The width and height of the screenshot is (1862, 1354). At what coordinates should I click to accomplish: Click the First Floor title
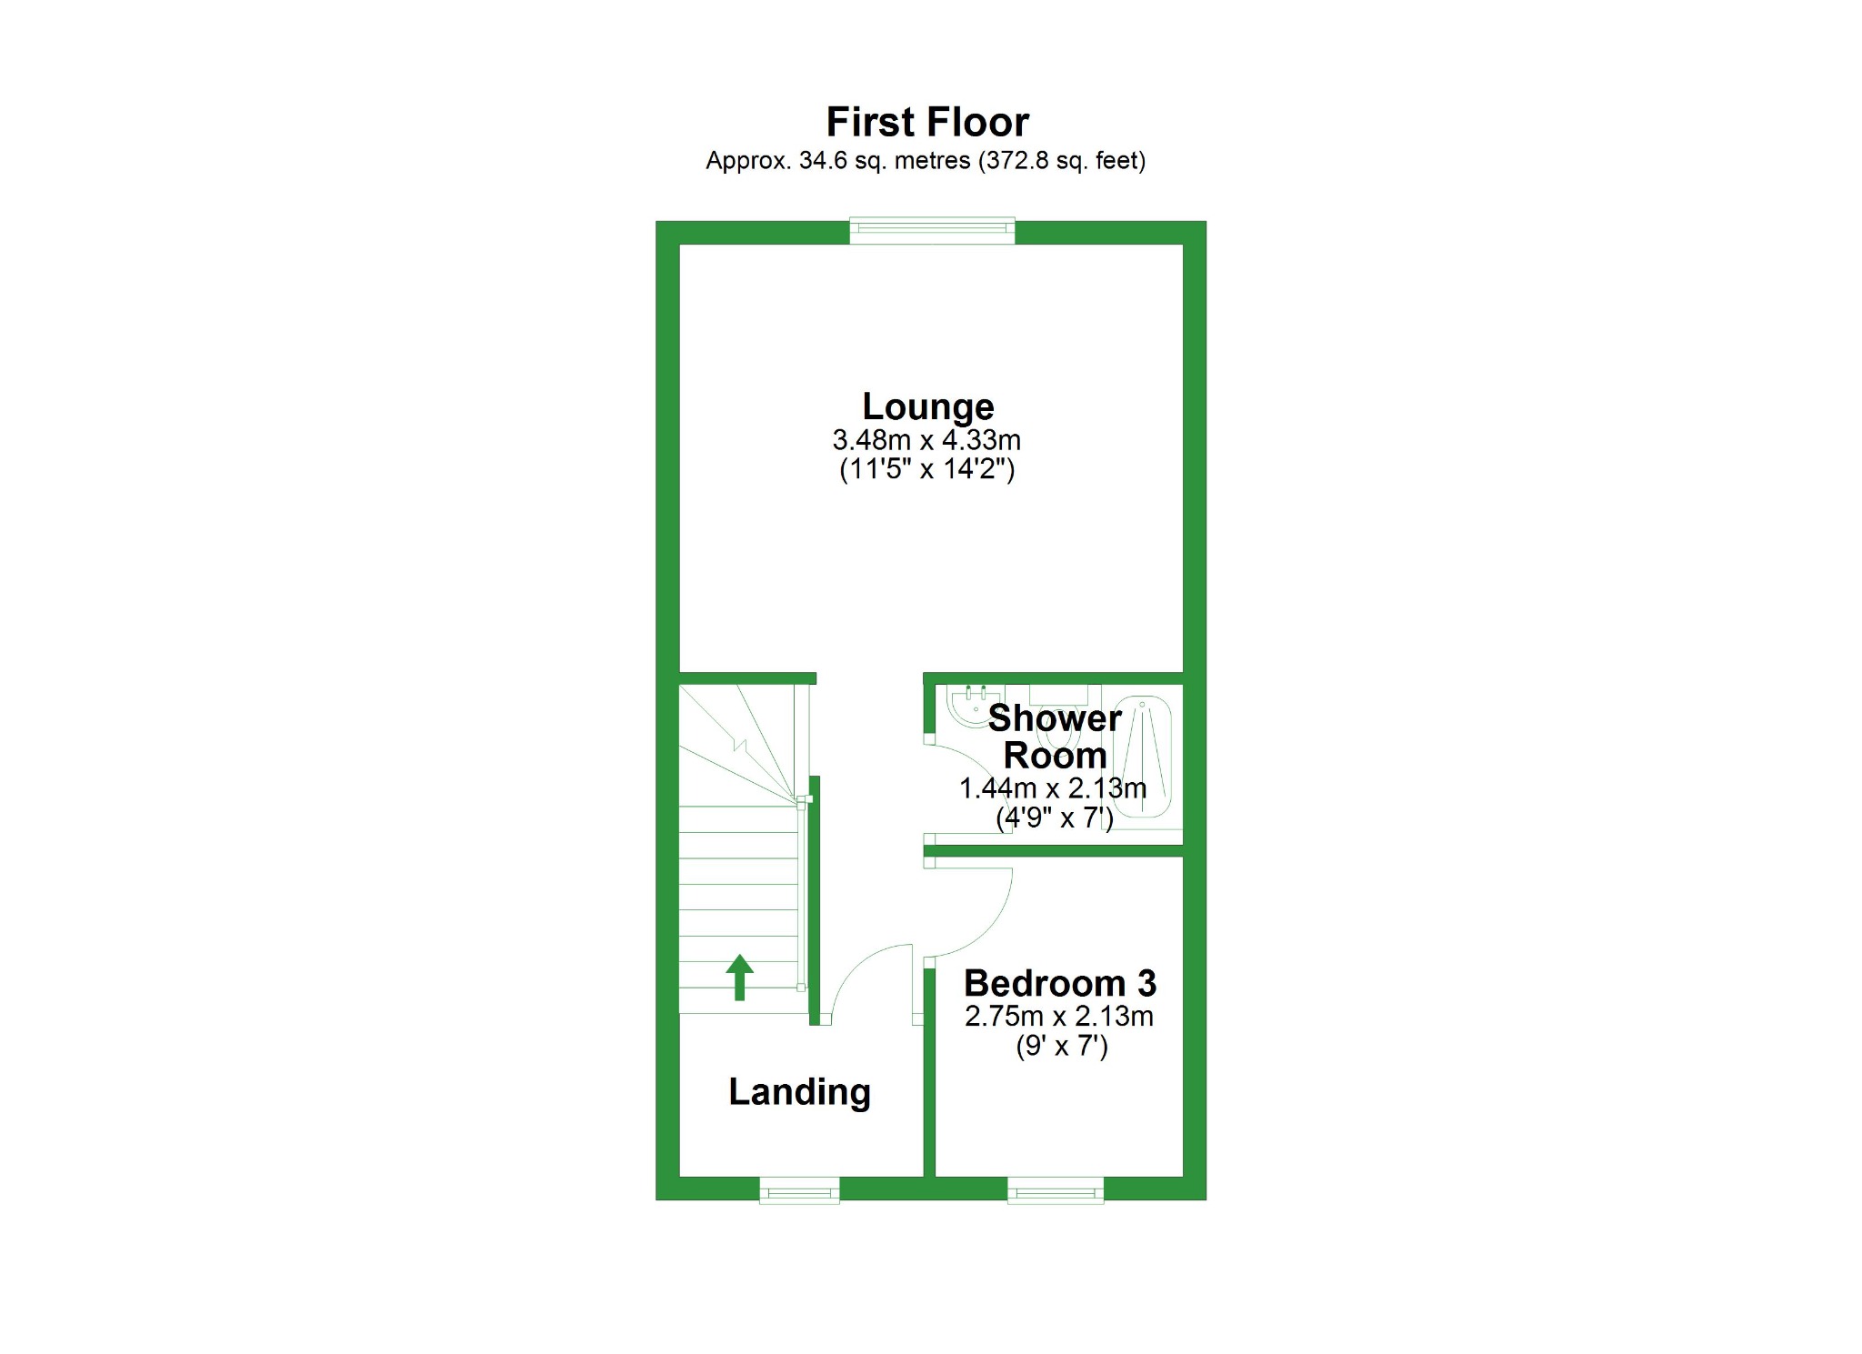(x=927, y=122)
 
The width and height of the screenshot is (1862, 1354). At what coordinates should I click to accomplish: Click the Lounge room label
(x=927, y=406)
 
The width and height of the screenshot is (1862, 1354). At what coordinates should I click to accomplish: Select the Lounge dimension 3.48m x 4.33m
(x=926, y=440)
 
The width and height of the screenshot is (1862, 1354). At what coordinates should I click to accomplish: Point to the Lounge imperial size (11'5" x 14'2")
(x=926, y=469)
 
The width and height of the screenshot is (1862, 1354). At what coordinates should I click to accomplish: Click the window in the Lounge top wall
(x=932, y=230)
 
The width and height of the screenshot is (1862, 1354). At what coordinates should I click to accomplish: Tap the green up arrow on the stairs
(x=739, y=977)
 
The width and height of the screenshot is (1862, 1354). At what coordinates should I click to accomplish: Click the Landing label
(x=799, y=1091)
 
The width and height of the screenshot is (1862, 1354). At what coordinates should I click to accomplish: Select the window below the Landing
(x=799, y=1190)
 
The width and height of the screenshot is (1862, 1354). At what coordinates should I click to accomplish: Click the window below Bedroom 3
(x=1056, y=1190)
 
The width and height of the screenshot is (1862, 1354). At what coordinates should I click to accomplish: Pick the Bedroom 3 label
(x=1059, y=983)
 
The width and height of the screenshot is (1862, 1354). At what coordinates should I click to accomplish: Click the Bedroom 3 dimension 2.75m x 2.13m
(x=1059, y=1016)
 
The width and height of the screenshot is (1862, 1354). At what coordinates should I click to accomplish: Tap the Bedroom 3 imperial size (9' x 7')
(x=1061, y=1047)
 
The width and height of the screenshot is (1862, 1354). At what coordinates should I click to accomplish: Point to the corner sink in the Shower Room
(x=966, y=707)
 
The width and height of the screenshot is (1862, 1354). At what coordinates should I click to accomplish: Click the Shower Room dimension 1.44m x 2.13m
(x=1053, y=788)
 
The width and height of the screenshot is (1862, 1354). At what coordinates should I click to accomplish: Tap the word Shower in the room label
(x=1055, y=718)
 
